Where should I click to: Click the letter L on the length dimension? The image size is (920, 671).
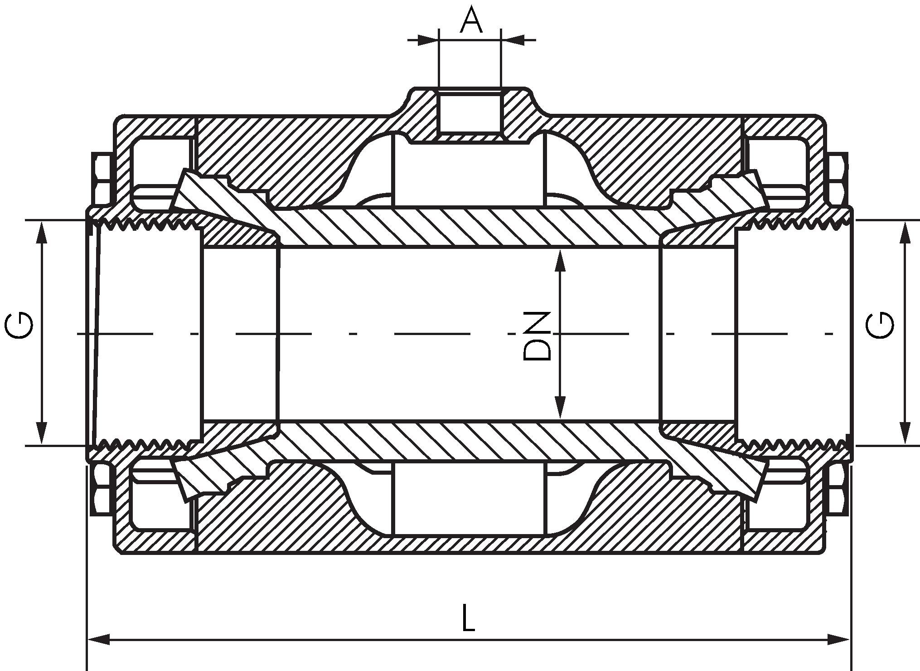click(x=468, y=617)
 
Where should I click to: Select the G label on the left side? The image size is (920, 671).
click(x=19, y=326)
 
